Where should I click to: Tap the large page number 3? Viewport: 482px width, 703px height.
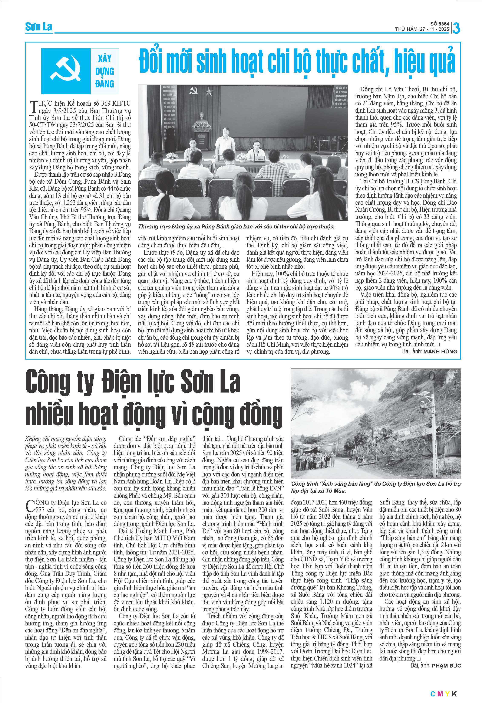pos(456,28)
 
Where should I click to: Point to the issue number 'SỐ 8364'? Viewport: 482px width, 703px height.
pos(440,24)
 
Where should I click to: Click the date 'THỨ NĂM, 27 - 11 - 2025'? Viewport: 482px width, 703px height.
pos(422,29)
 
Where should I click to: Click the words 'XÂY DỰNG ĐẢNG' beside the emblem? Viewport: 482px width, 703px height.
pos(105,71)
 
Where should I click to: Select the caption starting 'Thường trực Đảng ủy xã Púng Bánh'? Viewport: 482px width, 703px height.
pos(236,227)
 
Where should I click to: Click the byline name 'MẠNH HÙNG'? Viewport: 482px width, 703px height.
pos(440,351)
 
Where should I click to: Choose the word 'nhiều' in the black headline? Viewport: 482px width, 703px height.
pos(49,413)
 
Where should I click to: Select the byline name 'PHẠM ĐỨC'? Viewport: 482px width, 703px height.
pos(446,665)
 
